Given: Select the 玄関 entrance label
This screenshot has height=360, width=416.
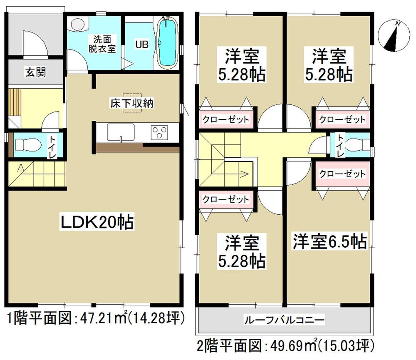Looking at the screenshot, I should pyautogui.click(x=35, y=73).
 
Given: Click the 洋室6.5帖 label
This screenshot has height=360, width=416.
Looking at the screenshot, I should pyautogui.click(x=329, y=241).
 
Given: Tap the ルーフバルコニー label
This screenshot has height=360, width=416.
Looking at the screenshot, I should pyautogui.click(x=284, y=320).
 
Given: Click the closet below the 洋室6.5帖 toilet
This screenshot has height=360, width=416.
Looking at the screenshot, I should pyautogui.click(x=342, y=174).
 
